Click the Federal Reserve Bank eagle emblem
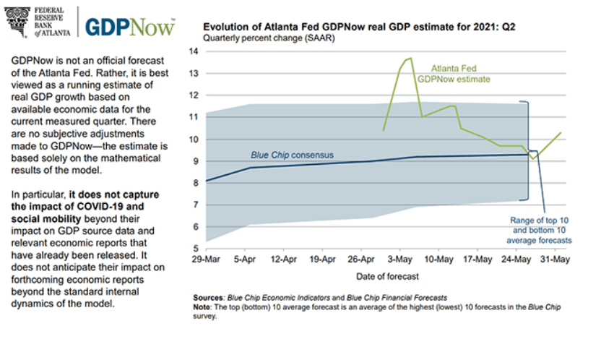(x=20, y=21)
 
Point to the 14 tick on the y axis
(x=193, y=51)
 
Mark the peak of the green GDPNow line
(x=410, y=58)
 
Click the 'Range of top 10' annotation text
(x=536, y=220)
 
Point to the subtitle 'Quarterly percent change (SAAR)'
(x=264, y=38)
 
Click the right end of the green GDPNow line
(x=561, y=132)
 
